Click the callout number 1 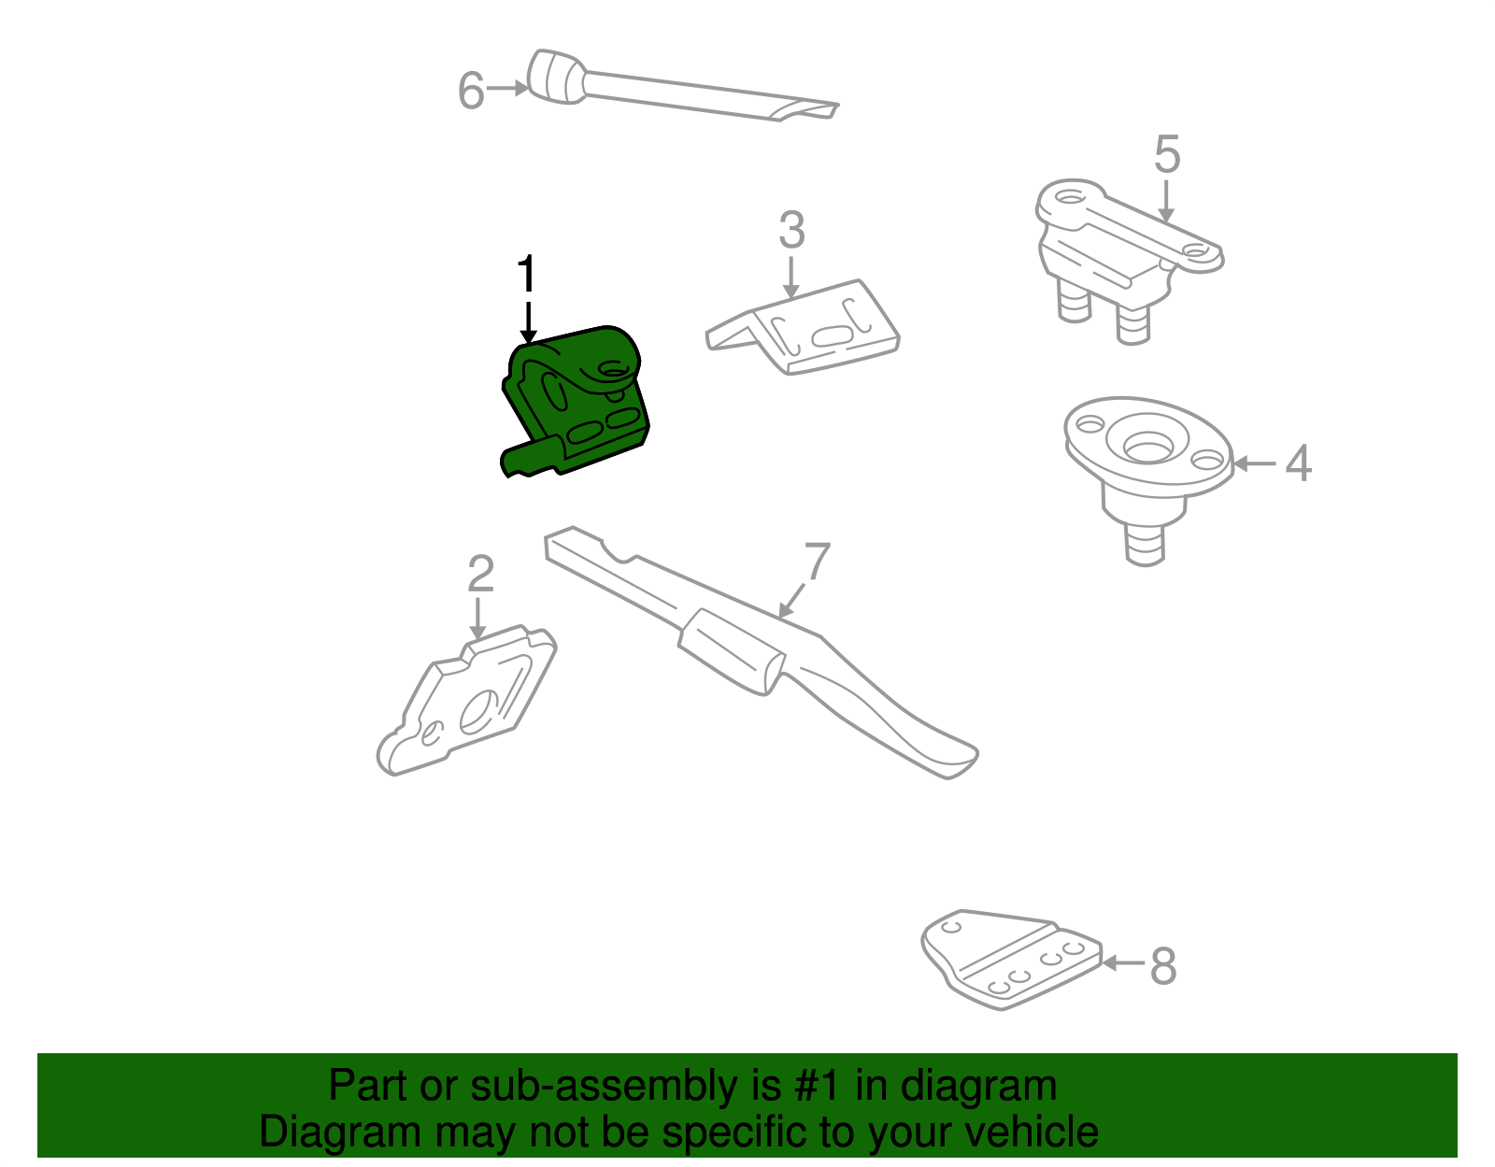click(x=527, y=274)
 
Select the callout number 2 click(x=480, y=574)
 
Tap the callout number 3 click(x=791, y=230)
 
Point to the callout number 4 click(x=1298, y=463)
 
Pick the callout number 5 click(x=1167, y=154)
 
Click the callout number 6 click(x=471, y=91)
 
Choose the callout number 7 click(x=817, y=562)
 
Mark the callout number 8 click(x=1163, y=965)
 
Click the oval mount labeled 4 click(x=1147, y=458)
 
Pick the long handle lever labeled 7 click(x=747, y=645)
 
